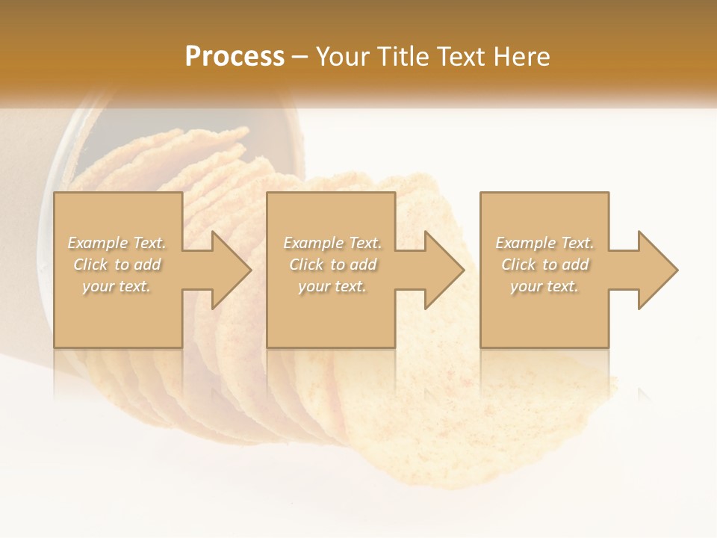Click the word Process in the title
235,57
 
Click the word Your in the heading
344,57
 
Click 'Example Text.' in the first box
117,243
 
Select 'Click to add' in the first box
117,265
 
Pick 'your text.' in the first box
117,286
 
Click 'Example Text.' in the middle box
332,243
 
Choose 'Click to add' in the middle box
332,265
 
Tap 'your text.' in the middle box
332,286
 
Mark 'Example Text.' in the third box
544,243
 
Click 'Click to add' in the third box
544,265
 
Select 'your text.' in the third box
544,286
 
